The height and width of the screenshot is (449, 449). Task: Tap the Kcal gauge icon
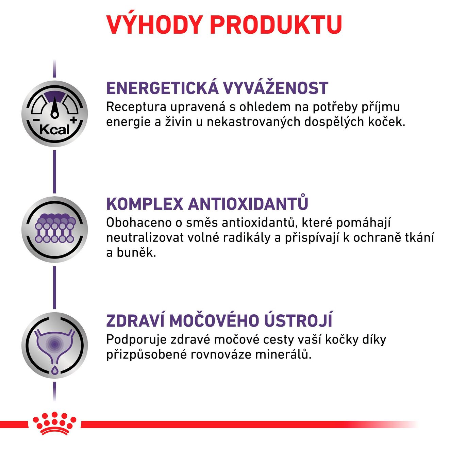[54, 114]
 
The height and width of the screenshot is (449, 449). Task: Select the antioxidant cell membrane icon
[54, 229]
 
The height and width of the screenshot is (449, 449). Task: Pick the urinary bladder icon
[54, 345]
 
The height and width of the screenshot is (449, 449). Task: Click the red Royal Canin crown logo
[54, 424]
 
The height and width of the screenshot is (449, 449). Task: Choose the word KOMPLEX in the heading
[145, 204]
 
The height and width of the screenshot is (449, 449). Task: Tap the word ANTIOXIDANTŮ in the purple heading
[248, 203]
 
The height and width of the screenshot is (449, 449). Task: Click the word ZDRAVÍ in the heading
[135, 321]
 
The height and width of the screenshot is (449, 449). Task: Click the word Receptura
[136, 107]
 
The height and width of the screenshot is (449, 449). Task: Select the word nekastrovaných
[253, 122]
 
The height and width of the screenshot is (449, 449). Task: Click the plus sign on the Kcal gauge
[73, 120]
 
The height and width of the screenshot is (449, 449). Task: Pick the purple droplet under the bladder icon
[54, 371]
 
